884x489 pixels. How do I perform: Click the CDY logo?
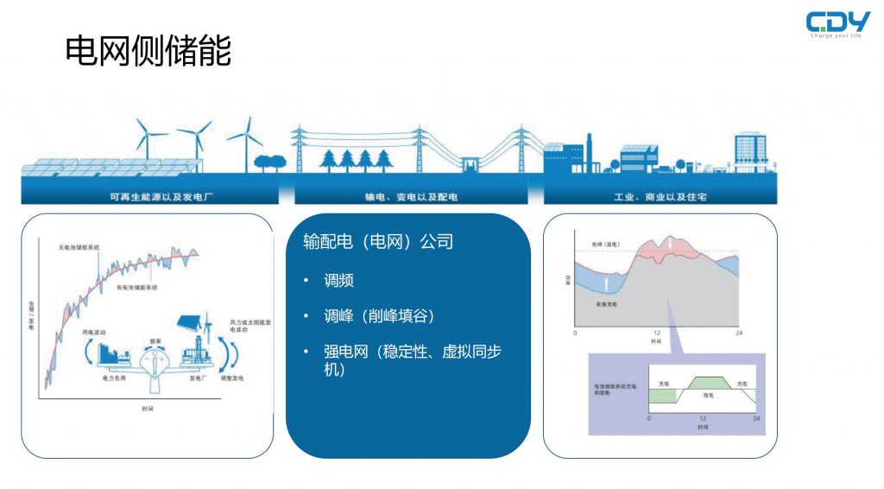pos(837,23)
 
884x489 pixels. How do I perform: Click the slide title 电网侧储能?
pos(148,52)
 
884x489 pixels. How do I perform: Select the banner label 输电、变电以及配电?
pos(412,197)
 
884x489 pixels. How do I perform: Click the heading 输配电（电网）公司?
pos(378,242)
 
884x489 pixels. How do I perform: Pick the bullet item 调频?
pos(338,281)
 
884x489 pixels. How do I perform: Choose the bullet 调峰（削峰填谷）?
pos(378,316)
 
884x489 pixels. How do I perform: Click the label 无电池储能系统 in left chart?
pos(79,247)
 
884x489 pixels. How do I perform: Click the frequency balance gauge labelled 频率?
pos(156,361)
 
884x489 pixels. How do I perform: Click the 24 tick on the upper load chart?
pos(737,333)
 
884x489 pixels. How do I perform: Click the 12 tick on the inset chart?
pos(702,418)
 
